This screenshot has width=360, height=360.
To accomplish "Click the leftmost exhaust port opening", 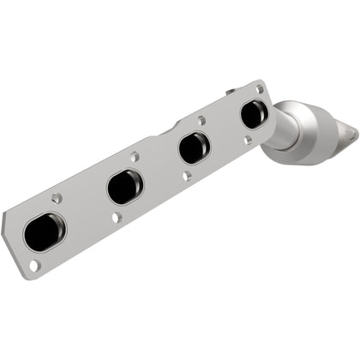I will click(x=45, y=231).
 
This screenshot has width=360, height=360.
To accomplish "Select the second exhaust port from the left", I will click(x=125, y=187).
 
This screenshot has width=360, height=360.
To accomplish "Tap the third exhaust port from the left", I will click(x=194, y=147).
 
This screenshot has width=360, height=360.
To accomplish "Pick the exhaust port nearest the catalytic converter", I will click(x=253, y=113).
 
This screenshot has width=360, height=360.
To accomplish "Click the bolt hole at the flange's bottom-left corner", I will click(x=34, y=265).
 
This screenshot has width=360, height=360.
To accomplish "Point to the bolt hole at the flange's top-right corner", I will click(x=261, y=87).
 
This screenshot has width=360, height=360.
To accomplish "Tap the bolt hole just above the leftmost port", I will click(x=57, y=198).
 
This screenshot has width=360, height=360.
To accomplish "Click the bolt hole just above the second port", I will click(x=135, y=157).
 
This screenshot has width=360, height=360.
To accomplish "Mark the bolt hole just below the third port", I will click(x=187, y=176).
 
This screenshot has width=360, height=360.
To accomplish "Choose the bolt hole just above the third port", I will click(x=201, y=121).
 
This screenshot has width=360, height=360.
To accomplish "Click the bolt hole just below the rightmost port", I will click(x=247, y=139).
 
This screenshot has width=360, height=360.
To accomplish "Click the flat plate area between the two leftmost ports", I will click(x=86, y=210).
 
